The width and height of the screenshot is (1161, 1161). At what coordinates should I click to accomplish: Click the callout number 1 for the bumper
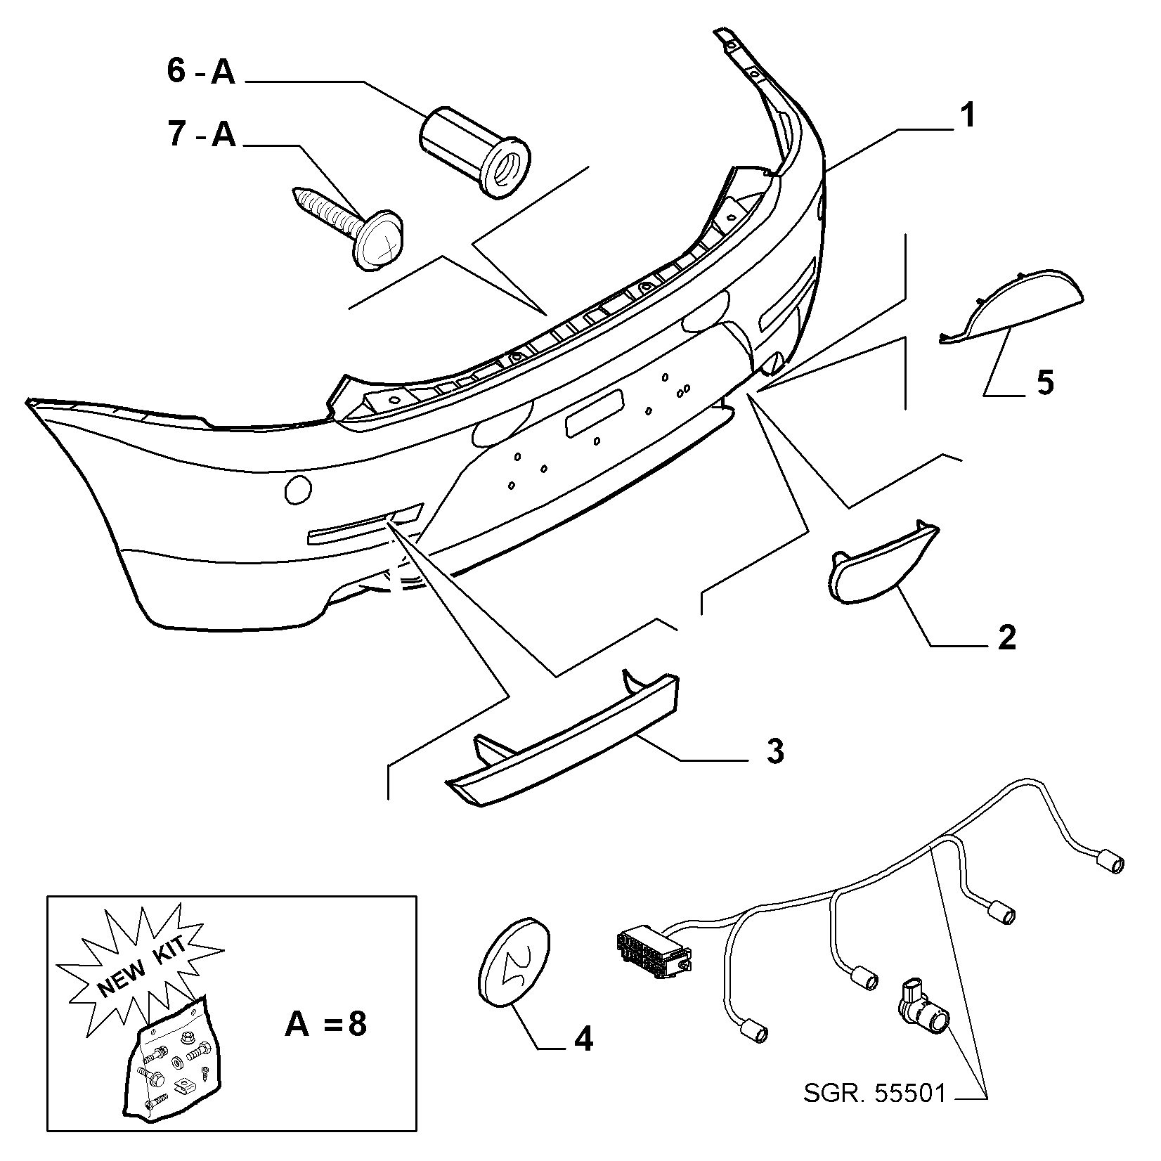[x=968, y=115]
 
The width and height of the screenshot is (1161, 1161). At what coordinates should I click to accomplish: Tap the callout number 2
[x=1006, y=637]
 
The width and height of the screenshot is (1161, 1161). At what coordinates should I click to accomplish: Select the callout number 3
[x=774, y=751]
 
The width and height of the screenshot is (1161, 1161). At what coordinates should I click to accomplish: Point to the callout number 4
[x=583, y=1039]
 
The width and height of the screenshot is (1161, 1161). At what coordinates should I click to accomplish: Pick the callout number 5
[x=1045, y=384]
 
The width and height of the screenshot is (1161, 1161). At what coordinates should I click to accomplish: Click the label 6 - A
[x=202, y=72]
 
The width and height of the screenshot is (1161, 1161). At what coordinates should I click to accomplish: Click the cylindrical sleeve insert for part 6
[x=476, y=149]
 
